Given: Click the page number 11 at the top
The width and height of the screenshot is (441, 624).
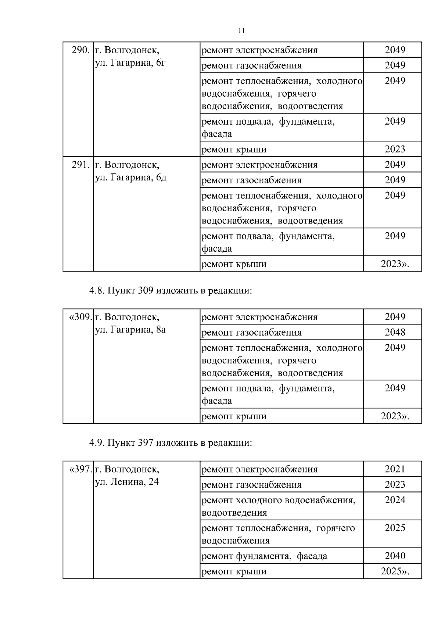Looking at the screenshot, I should tap(241, 31).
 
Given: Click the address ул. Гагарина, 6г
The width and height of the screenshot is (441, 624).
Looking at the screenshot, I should tap(130, 63).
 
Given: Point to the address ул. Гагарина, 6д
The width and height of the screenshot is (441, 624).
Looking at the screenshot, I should tap(130, 177).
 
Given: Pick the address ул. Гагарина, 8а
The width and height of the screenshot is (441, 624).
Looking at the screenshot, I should tap(130, 330).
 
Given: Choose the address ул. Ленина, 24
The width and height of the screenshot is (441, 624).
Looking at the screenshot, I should tap(127, 482).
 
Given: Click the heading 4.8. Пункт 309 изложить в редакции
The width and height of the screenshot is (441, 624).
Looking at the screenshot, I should tap(171, 291).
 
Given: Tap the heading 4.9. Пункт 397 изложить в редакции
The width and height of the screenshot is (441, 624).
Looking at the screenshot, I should tap(171, 443).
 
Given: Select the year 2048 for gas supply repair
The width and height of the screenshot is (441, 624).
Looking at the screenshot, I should tap(395, 332).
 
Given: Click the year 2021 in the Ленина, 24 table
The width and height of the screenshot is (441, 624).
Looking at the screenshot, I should tap(395, 469).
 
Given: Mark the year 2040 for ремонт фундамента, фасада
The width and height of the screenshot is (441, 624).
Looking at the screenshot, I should tap(395, 556).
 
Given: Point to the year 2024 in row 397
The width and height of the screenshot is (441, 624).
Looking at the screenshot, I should tap(395, 500).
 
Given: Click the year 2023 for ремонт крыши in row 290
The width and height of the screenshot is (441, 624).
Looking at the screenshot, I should tap(395, 149).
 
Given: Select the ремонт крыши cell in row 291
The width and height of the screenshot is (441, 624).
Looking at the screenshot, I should tap(234, 264).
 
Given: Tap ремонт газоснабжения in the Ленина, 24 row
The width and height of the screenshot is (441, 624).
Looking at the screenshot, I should tap(252, 485).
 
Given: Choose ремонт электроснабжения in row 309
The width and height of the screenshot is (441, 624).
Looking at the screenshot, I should tap(260, 317).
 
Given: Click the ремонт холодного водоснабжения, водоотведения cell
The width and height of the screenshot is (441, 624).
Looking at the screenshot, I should tap(279, 506).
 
